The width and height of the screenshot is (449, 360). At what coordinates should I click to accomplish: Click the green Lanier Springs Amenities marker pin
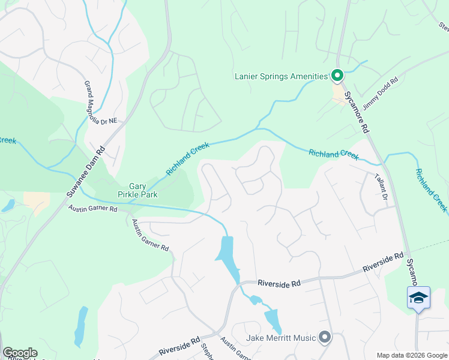[337, 76]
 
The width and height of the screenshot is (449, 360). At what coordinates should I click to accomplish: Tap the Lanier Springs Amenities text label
[281, 76]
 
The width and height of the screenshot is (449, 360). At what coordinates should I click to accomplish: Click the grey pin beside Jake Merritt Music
[325, 338]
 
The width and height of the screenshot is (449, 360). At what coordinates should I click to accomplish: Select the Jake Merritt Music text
[280, 338]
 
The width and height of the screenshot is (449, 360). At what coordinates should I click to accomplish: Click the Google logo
[20, 353]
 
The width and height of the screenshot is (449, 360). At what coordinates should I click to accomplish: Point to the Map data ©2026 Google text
[411, 355]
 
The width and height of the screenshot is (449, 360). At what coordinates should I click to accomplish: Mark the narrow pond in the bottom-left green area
[80, 327]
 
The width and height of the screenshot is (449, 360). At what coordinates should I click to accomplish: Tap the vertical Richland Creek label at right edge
[431, 190]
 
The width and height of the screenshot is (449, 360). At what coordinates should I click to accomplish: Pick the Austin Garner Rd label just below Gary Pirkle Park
[92, 209]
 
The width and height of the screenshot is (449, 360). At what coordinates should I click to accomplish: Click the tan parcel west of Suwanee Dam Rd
[37, 201]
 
